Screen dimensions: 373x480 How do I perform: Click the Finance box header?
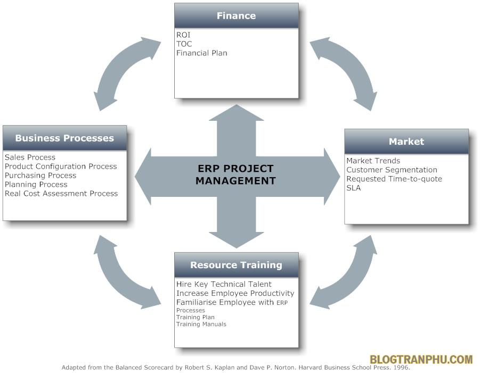point(236,16)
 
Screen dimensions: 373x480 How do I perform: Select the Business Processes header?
point(64,138)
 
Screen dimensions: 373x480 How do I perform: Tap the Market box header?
point(406,142)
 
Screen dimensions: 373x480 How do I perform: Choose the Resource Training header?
point(236,265)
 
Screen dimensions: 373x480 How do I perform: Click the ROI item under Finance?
point(183,35)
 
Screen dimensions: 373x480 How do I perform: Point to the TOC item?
point(184,44)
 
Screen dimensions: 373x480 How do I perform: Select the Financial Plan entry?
point(202,53)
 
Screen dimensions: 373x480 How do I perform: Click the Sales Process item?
point(30,158)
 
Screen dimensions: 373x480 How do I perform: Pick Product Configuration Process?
point(61,167)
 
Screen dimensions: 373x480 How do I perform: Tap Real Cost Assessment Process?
point(61,194)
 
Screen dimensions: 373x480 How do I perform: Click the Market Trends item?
point(373,161)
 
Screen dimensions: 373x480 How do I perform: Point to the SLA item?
point(353,188)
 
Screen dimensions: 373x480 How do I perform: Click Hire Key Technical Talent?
point(224,284)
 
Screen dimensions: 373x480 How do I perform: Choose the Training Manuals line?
point(201,324)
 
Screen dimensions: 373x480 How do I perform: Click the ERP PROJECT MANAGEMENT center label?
point(235,175)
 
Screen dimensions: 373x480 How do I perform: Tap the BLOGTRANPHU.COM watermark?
point(421,360)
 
